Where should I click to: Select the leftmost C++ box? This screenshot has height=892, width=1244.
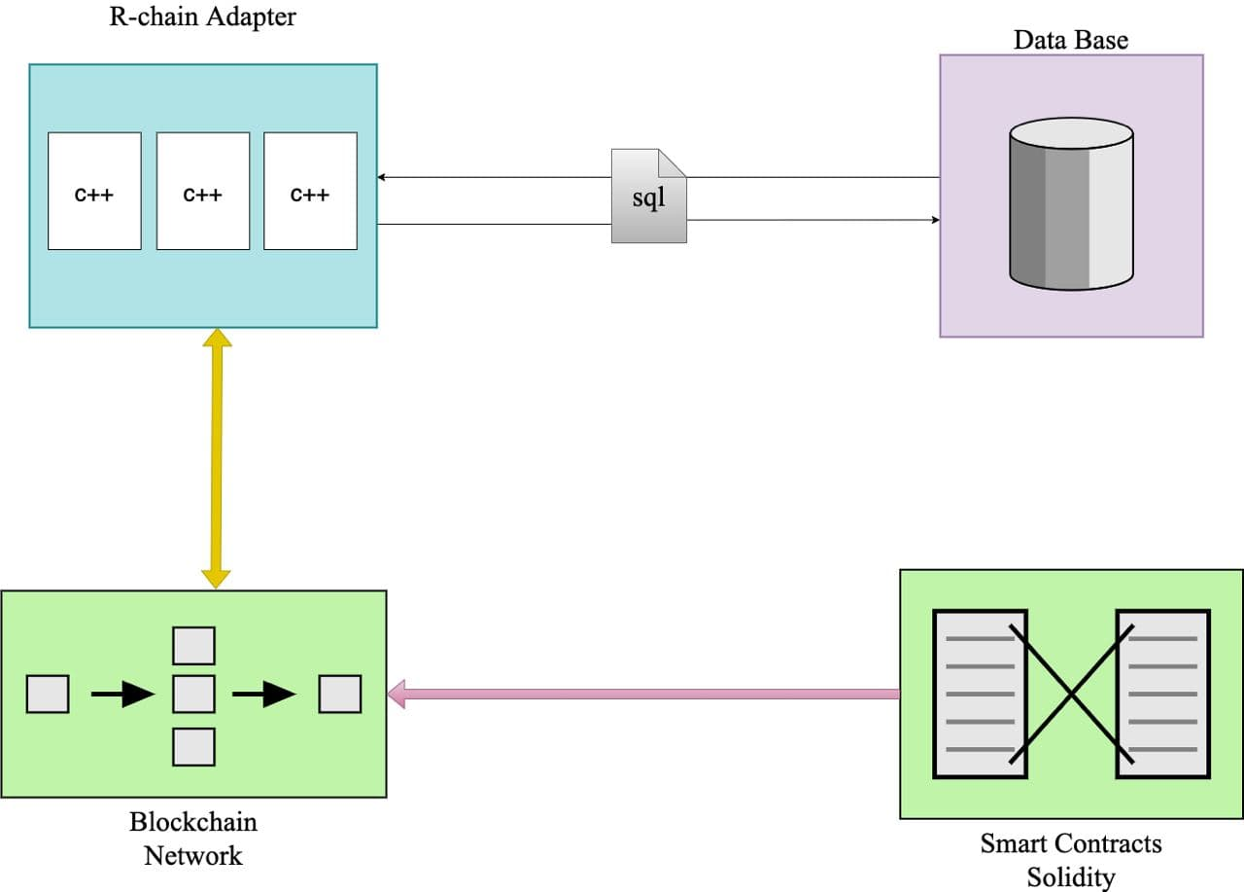(94, 191)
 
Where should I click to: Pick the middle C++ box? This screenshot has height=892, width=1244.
(202, 191)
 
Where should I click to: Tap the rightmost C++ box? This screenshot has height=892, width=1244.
(310, 191)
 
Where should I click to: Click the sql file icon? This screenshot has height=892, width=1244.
(648, 196)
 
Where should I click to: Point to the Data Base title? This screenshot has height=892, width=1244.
(1070, 40)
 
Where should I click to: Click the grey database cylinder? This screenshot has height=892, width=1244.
(1071, 205)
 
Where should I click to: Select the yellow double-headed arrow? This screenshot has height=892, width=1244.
(216, 458)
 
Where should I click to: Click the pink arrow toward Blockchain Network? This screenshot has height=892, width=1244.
(642, 694)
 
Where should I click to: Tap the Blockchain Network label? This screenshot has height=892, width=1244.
(193, 838)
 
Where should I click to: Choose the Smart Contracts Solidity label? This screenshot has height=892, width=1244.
(1070, 860)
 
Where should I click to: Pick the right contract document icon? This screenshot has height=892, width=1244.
(1163, 694)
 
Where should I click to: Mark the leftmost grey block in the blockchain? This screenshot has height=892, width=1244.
(48, 694)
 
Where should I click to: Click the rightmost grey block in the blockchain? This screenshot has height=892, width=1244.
(340, 694)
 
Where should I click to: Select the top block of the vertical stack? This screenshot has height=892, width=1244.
(193, 646)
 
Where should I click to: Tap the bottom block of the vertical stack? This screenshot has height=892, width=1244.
(193, 746)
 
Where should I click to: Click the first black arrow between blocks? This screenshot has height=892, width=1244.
(122, 694)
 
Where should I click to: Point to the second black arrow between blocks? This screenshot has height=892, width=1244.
(263, 694)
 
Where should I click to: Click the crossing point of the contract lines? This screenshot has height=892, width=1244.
(1071, 694)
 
